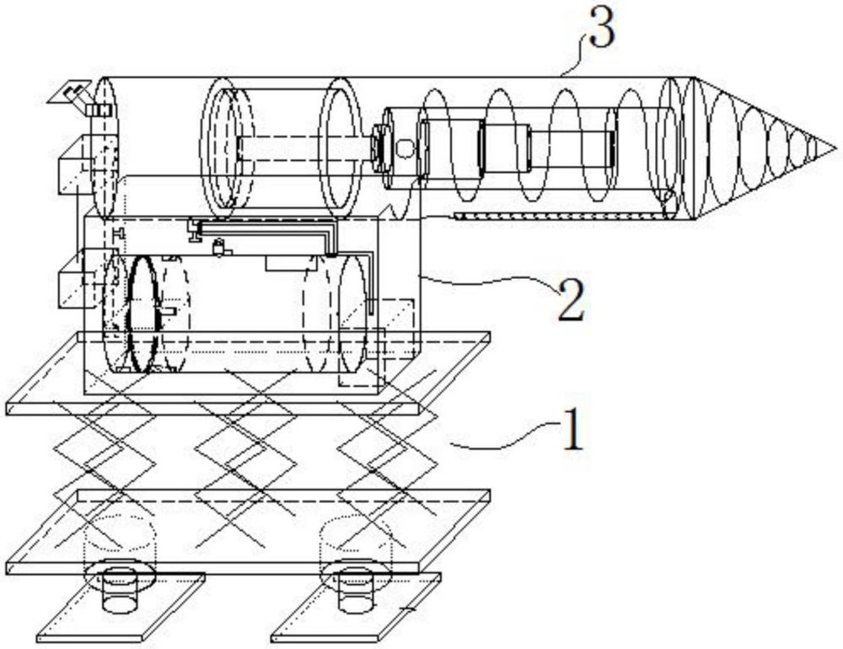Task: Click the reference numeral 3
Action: [x=601, y=29]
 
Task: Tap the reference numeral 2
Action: [x=571, y=302]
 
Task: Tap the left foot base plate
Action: [x=121, y=608]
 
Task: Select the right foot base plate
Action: [x=356, y=608]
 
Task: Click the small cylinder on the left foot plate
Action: [x=119, y=593]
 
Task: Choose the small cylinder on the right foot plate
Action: [x=355, y=593]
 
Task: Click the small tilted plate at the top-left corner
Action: [x=69, y=93]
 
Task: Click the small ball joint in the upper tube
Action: [x=405, y=147]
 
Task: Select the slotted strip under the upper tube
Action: [x=559, y=216]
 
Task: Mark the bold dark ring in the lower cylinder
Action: [x=143, y=314]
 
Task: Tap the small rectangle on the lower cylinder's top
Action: [x=290, y=263]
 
